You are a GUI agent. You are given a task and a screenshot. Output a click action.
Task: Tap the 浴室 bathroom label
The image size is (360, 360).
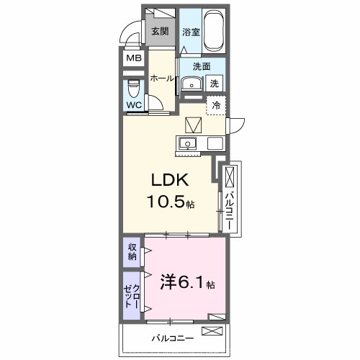click(190, 32)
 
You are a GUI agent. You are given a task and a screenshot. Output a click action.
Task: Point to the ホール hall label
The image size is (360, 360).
click(162, 78)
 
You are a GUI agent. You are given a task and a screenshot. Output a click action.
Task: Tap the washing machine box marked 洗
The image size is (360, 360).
click(215, 84)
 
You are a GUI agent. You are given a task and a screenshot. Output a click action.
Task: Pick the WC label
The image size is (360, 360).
click(135, 105)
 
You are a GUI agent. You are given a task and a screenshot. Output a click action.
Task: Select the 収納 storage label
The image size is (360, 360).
click(132, 252)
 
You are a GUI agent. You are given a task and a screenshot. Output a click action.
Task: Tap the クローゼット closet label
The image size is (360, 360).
click(132, 296)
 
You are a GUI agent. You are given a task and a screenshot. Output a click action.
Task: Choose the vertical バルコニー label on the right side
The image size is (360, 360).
click(228, 206)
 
